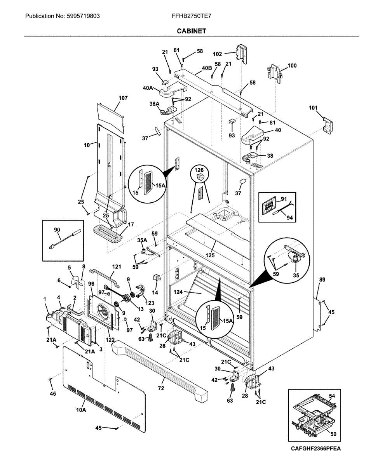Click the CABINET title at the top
tap(192, 31)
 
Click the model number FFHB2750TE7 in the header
tap(192, 16)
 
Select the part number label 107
tap(123, 98)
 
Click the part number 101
tap(313, 108)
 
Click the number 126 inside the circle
tap(199, 170)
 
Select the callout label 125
tap(211, 255)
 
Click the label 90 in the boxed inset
tap(57, 230)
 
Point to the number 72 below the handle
tap(160, 388)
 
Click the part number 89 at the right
tap(322, 279)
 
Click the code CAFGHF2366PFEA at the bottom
tap(316, 449)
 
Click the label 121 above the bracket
tap(116, 267)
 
